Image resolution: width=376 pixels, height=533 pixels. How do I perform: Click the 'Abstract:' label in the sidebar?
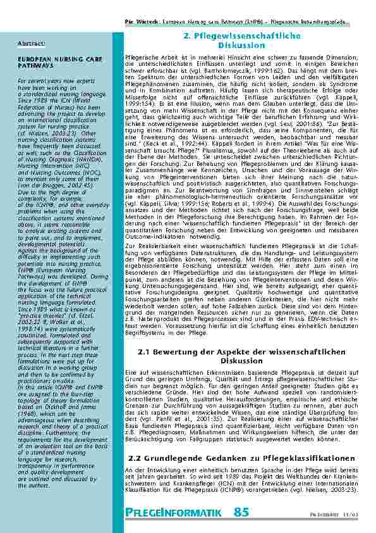31,43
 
